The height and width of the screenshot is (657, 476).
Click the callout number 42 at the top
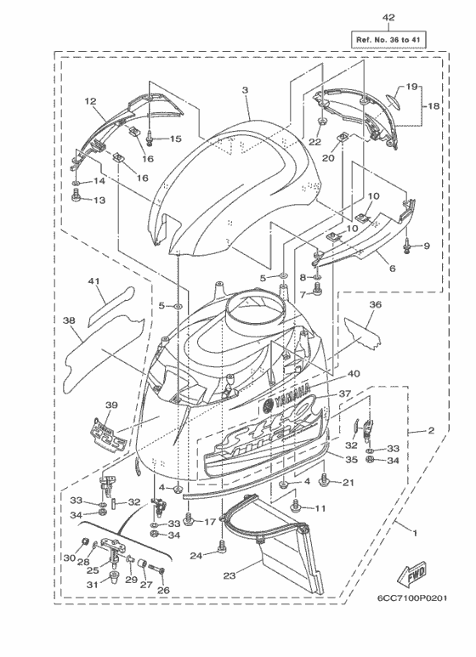388,18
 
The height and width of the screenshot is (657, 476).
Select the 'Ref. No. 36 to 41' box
388,38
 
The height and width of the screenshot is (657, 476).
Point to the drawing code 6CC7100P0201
413,620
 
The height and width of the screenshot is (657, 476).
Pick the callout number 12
89,101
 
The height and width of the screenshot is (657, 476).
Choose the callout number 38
69,321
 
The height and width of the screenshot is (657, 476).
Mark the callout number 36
375,303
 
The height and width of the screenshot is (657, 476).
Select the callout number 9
427,246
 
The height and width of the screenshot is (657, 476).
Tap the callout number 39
110,405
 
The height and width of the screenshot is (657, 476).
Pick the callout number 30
70,557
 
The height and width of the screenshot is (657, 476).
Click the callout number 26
164,591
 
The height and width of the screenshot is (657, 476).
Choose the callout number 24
196,556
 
